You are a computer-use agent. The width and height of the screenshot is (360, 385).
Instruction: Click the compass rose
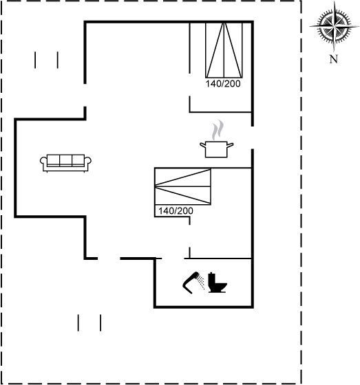click(x=334, y=26)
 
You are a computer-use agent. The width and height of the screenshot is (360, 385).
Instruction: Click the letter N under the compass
click(x=333, y=59)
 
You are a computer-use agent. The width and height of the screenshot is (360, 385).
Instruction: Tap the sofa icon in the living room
click(x=65, y=163)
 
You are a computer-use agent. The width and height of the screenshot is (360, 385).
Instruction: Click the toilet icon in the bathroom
click(x=218, y=283)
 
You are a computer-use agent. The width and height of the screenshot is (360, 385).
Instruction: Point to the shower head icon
click(x=193, y=283)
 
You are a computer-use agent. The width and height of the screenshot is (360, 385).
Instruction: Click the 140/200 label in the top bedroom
click(x=223, y=84)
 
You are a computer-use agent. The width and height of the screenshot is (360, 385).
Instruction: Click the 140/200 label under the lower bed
click(x=176, y=210)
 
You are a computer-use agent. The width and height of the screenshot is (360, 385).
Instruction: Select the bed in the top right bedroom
click(x=224, y=50)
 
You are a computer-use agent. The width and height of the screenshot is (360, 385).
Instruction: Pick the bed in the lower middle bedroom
click(x=182, y=186)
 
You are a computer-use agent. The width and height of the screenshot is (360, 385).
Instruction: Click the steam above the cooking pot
click(x=218, y=130)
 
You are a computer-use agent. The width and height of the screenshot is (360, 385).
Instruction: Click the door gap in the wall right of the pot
click(x=253, y=137)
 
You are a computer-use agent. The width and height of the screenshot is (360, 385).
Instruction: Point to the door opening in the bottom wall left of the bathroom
click(x=109, y=258)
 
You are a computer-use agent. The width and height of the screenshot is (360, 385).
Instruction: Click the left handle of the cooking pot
click(x=202, y=145)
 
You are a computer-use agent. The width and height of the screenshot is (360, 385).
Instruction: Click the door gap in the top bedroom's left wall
click(x=189, y=85)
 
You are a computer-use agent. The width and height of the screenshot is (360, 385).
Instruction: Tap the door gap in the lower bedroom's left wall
click(x=189, y=236)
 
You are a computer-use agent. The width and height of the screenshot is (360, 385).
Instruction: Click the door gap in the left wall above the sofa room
click(x=85, y=95)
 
